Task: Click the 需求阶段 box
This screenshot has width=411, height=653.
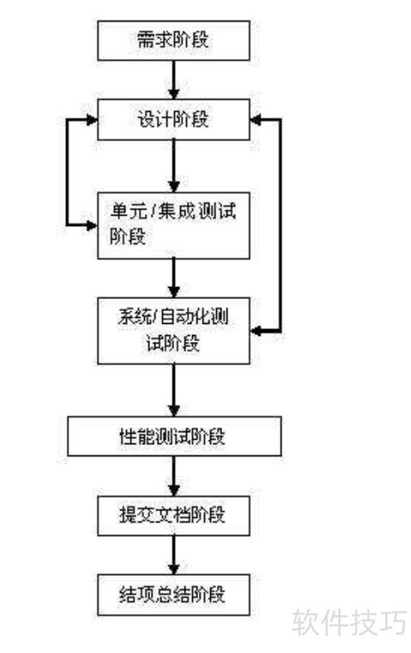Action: (173, 40)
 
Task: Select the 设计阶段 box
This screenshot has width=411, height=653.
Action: (173, 119)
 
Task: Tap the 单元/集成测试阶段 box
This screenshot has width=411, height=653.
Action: (173, 225)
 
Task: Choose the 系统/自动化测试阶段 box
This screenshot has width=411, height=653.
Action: (173, 331)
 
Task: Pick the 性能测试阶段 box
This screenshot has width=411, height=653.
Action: (174, 436)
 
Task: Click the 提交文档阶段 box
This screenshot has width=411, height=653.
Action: (173, 516)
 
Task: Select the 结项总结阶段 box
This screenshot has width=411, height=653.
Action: (173, 595)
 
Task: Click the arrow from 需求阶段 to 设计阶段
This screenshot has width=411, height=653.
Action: (174, 80)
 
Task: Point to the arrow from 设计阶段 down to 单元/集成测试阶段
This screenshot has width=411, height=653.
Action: (174, 166)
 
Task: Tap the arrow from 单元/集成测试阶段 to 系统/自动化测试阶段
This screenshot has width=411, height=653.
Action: (174, 278)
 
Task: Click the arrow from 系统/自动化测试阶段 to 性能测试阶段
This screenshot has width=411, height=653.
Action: (174, 390)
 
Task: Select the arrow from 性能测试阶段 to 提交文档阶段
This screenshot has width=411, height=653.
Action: (174, 476)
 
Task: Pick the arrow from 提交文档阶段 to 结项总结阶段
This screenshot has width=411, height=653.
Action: (174, 555)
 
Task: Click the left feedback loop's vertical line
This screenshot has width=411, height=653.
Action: (67, 173)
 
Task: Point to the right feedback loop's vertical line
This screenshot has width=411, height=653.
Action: (280, 225)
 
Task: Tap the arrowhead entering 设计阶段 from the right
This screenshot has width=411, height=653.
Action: (256, 120)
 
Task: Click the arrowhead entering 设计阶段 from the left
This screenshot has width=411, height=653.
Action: (92, 120)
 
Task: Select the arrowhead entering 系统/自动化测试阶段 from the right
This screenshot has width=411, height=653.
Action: (256, 331)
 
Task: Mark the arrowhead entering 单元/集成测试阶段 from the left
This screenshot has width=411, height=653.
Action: (92, 225)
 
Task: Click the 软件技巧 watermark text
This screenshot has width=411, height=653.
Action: (348, 623)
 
